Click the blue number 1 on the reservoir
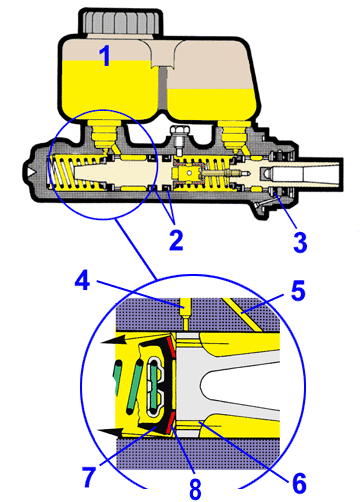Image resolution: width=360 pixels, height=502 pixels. click(x=105, y=57)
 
